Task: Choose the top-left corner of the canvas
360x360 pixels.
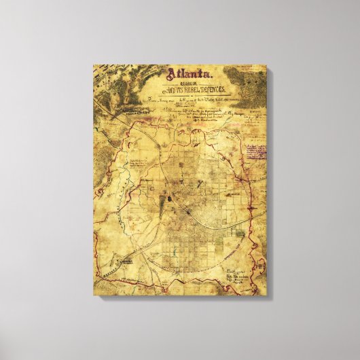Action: (x=93, y=65)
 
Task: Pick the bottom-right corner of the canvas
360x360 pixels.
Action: (x=266, y=296)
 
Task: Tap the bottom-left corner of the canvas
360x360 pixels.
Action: (x=93, y=295)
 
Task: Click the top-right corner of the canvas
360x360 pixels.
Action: (x=266, y=65)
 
